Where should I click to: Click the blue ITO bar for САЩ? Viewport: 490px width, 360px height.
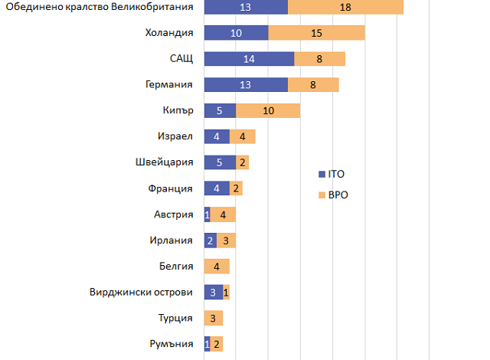coord(249,59)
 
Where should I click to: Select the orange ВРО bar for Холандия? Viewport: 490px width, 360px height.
coord(316,33)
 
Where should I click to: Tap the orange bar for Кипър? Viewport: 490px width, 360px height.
coord(268,111)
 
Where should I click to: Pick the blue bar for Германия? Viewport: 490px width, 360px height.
coord(246,85)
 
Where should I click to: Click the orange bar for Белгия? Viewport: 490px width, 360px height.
coord(217,267)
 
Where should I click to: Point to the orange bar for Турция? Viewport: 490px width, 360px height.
coord(214,318)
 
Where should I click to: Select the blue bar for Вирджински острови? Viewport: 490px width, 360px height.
coord(214,292)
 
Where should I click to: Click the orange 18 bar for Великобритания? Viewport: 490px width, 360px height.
coord(345,7)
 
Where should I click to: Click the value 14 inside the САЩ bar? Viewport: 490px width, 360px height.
coord(249,59)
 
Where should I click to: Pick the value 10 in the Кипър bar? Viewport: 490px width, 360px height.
coord(268,111)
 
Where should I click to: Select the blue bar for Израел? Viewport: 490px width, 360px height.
coord(217,137)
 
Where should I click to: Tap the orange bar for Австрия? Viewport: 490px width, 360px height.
coord(223,214)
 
